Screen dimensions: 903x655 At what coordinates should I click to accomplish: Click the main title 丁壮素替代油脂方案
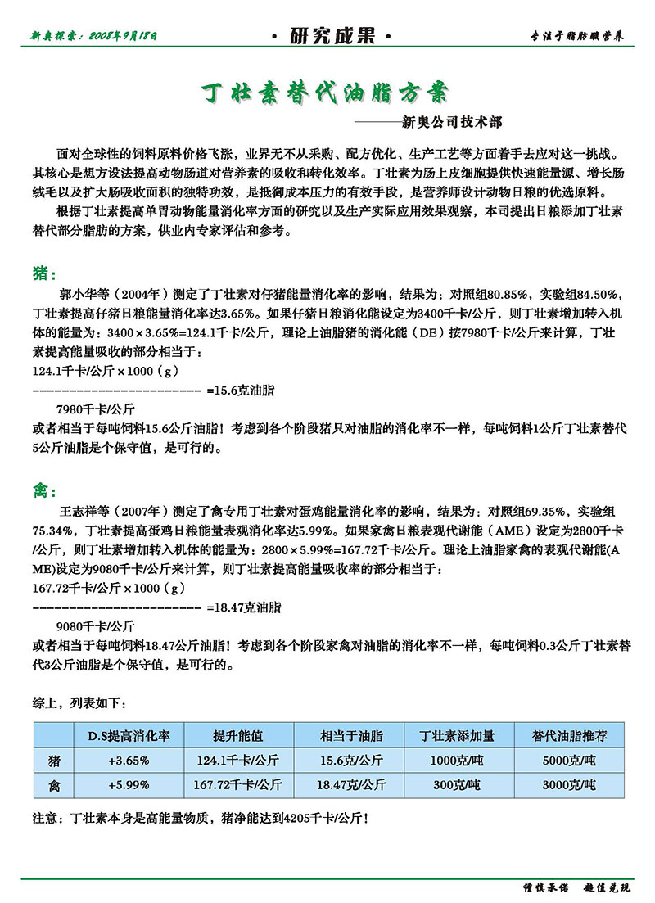325,92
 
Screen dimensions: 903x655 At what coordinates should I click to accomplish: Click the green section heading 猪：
44,273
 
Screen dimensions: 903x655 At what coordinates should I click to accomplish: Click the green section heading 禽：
44,491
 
